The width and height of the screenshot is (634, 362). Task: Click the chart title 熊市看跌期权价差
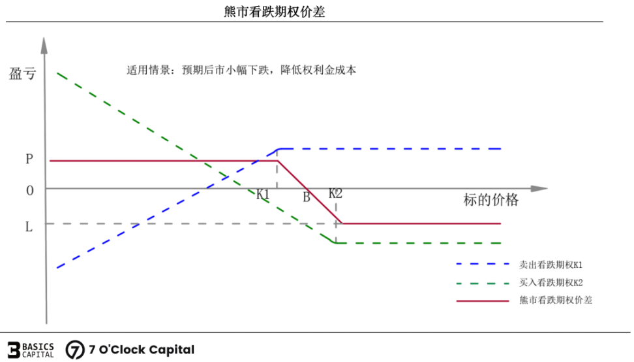pos(275,11)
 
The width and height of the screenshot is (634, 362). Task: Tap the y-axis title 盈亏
pos(23,74)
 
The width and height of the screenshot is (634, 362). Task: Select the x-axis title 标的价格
pos(491,200)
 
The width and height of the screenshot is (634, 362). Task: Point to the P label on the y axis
pos(29,159)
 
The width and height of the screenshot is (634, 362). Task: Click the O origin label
pos(30,190)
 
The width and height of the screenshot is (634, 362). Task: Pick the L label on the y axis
pos(29,227)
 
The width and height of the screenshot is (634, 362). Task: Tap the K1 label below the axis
pos(263,194)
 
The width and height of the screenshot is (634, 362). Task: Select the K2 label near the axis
pos(336,193)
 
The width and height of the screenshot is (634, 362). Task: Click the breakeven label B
pos(307,197)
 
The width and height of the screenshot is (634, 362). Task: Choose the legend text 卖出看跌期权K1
pos(551,265)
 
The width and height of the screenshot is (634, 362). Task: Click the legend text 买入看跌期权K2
pos(551,283)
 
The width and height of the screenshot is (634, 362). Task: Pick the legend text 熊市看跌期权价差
pos(556,300)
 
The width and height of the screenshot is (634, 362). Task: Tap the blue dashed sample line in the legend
pos(483,264)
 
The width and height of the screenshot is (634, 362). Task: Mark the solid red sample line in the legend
pos(483,301)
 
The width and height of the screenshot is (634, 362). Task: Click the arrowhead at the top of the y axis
pos(44,45)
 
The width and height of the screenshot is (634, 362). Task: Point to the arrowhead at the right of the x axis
pos(539,189)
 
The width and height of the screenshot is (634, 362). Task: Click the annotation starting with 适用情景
pos(241,70)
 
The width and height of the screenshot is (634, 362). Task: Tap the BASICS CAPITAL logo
pos(31,350)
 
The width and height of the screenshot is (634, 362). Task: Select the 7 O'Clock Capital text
pos(142,350)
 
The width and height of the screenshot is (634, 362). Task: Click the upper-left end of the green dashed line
pos(57,73)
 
